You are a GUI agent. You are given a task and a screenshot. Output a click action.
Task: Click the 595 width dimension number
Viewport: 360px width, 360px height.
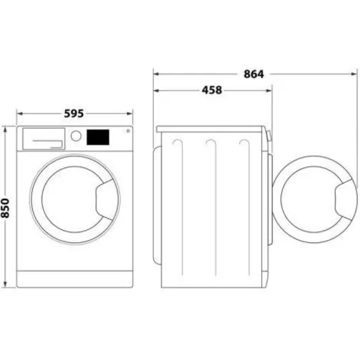point(75,113)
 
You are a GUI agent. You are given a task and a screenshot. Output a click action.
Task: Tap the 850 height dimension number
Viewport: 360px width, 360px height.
point(6,207)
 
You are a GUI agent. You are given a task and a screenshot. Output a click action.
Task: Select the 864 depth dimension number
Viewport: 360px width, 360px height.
point(254,74)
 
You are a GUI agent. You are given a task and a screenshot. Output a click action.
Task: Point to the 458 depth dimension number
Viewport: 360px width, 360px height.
point(212,90)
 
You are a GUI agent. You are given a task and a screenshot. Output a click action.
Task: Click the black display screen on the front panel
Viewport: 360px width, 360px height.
point(99,136)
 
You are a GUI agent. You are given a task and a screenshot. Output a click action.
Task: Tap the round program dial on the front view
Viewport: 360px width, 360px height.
point(75,136)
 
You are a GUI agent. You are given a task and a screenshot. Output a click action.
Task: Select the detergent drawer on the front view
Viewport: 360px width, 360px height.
point(44,137)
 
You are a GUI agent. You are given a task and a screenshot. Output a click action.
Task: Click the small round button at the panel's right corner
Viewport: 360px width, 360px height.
point(126,131)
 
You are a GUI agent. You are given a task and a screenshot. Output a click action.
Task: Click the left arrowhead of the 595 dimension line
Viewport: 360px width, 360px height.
point(19,113)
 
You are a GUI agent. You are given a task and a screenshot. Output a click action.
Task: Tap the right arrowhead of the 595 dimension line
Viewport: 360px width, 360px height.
point(131,113)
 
